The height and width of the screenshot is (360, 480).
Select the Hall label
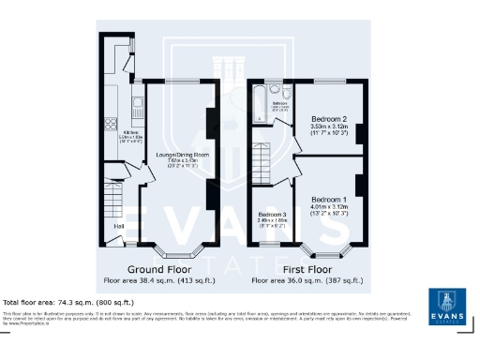coord(119,226)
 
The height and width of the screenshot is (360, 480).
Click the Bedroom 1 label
coord(329,200)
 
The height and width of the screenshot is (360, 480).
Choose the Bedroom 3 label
coord(272,215)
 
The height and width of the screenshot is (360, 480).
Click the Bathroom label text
coord(278,103)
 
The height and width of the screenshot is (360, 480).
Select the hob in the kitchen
coord(112,123)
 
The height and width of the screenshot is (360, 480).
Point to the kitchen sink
coord(137,104)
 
